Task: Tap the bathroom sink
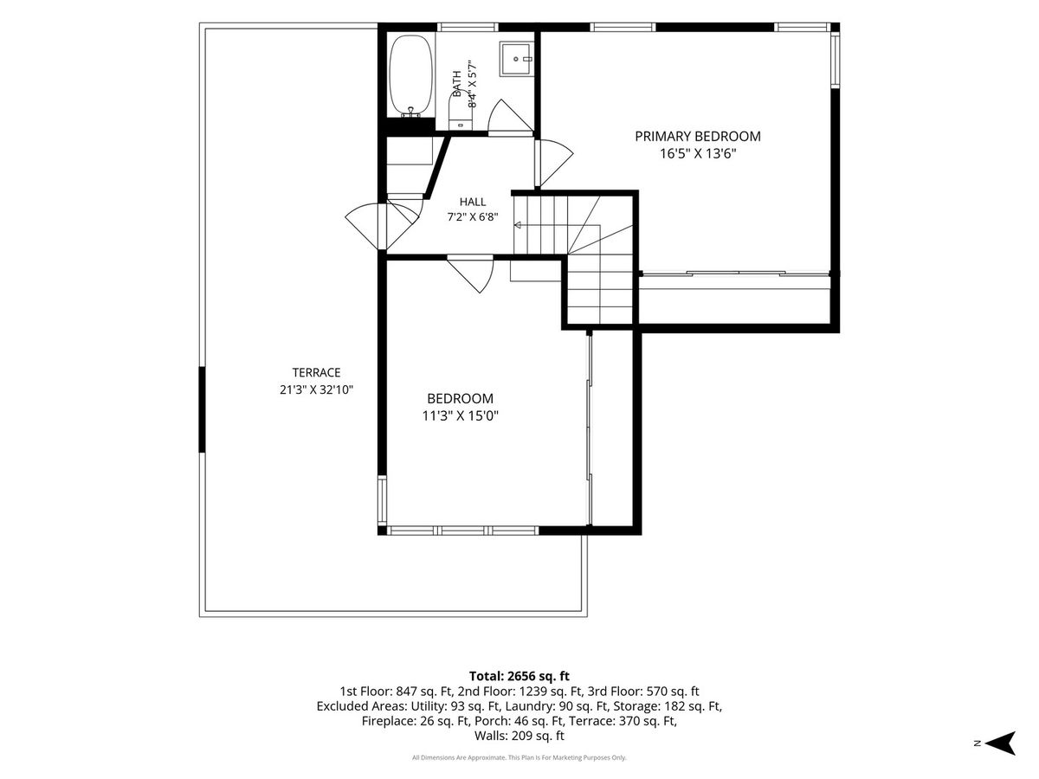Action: tap(517, 59)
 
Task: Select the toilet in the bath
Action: tap(460, 110)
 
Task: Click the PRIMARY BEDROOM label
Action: tap(697, 136)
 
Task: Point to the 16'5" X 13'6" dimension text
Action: tap(698, 153)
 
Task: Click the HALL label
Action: tap(473, 202)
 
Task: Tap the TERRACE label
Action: tap(316, 372)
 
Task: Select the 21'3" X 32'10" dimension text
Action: tap(316, 389)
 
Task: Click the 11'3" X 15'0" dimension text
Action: tap(460, 415)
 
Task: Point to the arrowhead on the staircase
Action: tap(518, 225)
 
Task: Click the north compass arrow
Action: tap(999, 743)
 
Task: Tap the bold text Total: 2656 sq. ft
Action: tap(519, 676)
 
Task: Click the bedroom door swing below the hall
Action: tap(470, 274)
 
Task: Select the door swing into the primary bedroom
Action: tap(554, 163)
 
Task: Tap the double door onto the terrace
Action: tap(382, 226)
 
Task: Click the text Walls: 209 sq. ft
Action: tap(519, 736)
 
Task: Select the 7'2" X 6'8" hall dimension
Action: tap(473, 217)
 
